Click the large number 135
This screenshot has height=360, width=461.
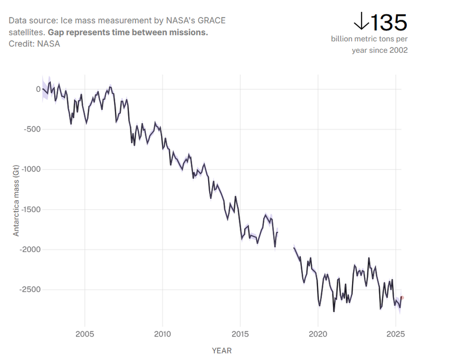click(389, 22)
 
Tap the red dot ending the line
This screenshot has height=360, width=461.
click(402, 298)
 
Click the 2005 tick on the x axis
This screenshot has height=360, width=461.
click(85, 334)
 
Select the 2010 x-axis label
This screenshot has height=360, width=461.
click(163, 334)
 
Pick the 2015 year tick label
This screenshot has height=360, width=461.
click(240, 334)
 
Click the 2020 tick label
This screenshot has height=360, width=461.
click(318, 334)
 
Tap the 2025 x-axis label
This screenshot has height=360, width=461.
click(395, 334)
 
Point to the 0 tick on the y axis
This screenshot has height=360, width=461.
click(38, 89)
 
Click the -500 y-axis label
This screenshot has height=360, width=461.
click(32, 129)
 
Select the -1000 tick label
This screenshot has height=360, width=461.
click(30, 169)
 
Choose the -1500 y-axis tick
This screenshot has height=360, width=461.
click(30, 209)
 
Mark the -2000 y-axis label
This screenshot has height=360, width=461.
click(30, 250)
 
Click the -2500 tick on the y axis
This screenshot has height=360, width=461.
click(30, 289)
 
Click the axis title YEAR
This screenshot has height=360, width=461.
click(222, 350)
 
